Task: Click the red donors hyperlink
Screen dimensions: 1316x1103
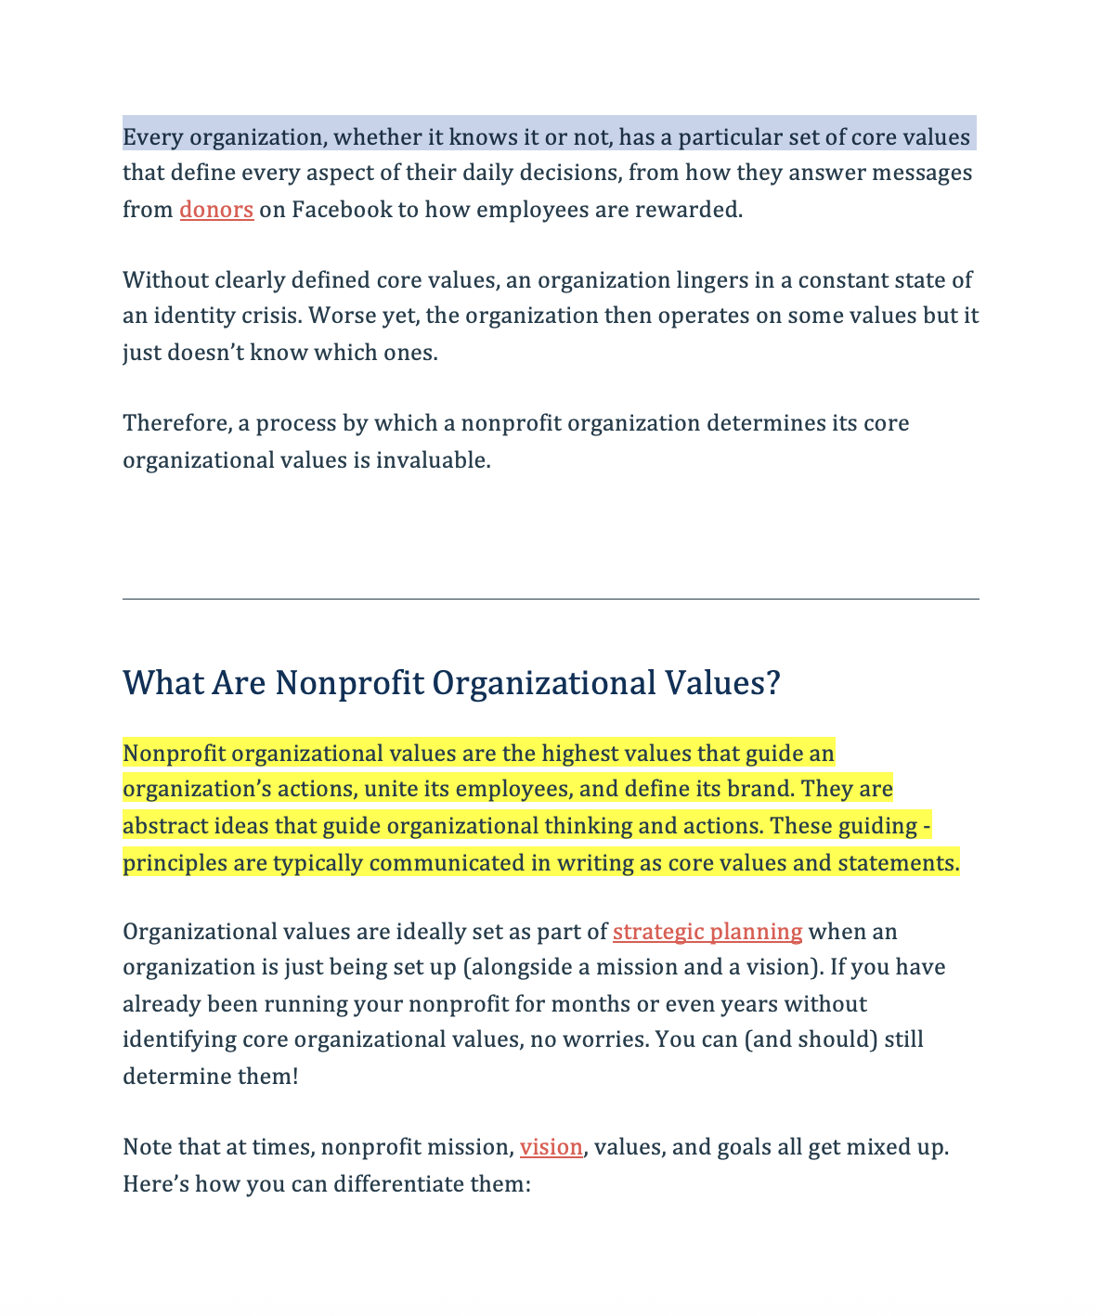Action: click(216, 210)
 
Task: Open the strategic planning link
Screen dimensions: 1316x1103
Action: click(707, 932)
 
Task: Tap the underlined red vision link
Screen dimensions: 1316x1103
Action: click(551, 1147)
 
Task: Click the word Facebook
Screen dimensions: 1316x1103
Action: click(342, 210)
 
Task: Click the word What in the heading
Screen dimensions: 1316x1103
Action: click(162, 684)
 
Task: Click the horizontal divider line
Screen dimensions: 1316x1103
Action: click(551, 600)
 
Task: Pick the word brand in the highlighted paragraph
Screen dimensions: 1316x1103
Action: click(759, 790)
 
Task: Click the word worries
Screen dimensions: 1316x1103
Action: click(608, 1039)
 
